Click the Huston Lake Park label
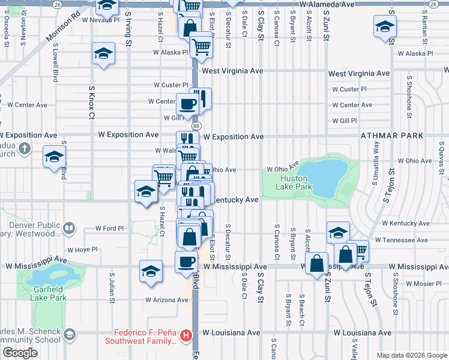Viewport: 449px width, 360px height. pos(295,182)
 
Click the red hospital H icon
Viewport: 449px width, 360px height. pos(187,335)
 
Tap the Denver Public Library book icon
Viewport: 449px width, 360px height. pos(70,228)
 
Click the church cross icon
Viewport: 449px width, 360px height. pos(24,148)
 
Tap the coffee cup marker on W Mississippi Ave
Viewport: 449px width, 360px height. pos(186,262)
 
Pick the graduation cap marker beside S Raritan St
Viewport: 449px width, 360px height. pos(384,26)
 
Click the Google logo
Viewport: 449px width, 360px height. pos(20,353)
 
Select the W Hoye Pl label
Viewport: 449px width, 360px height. pos(82,250)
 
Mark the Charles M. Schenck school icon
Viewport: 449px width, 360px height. pos(70,334)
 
